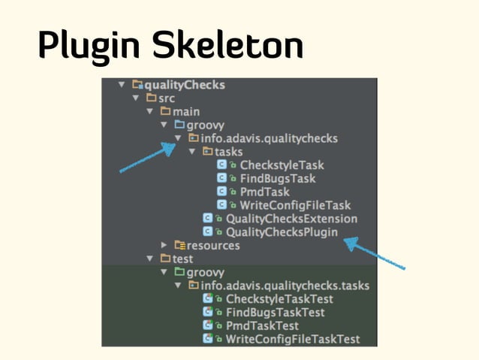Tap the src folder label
pos(166,98)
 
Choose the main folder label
pos(185,111)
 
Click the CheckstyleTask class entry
pos(282,165)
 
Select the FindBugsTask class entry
pos(277,178)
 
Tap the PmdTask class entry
pos(264,192)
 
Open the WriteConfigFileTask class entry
pos(294,204)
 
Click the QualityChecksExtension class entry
pos(291,218)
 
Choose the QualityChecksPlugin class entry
pos(282,231)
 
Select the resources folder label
pos(213,245)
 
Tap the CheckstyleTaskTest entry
pos(279,299)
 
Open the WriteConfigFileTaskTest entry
pos(292,339)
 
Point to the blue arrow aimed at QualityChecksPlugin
pos(375,255)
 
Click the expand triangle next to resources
pos(164,245)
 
